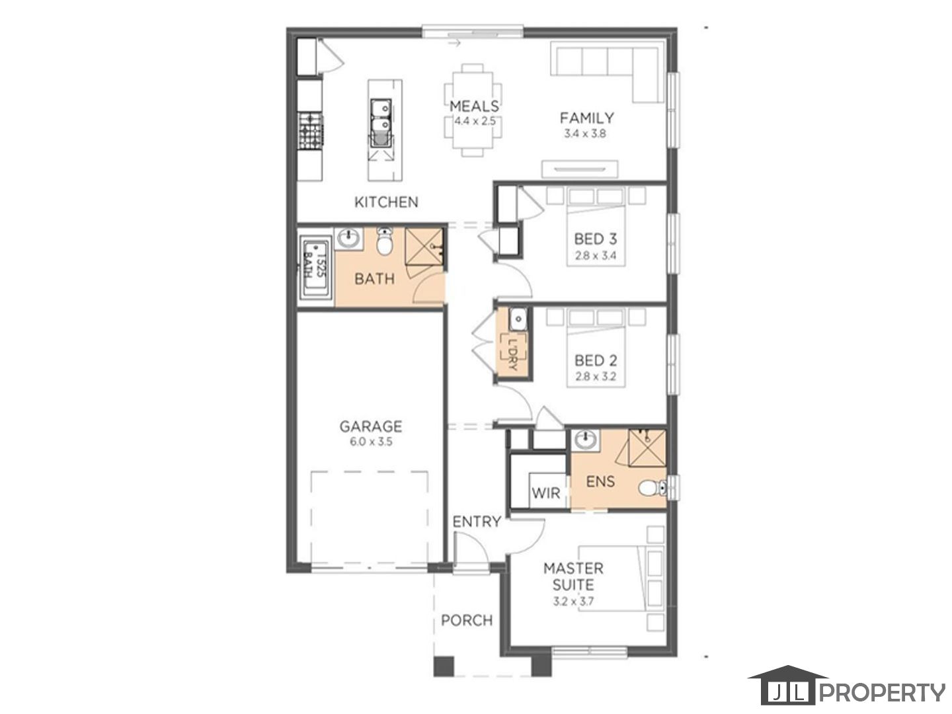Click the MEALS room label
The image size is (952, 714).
pyautogui.click(x=474, y=106)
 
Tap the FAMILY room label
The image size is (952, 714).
pyautogui.click(x=586, y=118)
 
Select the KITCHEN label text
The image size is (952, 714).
pyautogui.click(x=386, y=202)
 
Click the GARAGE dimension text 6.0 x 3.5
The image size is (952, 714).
pyautogui.click(x=371, y=442)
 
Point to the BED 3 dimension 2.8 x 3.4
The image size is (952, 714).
pyautogui.click(x=595, y=256)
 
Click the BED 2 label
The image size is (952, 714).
pyautogui.click(x=595, y=360)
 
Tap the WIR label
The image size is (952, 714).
pyautogui.click(x=545, y=493)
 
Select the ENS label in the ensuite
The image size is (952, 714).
pyautogui.click(x=600, y=481)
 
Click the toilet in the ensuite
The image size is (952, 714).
pyautogui.click(x=653, y=489)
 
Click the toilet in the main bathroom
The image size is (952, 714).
pyautogui.click(x=384, y=242)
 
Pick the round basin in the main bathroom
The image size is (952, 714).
pyautogui.click(x=348, y=239)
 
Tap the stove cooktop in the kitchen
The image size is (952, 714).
pyautogui.click(x=311, y=130)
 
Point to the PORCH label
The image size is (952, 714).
pyautogui.click(x=467, y=620)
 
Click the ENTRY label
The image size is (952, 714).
pyautogui.click(x=477, y=522)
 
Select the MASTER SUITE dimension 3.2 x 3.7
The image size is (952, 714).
pyautogui.click(x=573, y=602)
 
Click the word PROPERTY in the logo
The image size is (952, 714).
pyautogui.click(x=882, y=693)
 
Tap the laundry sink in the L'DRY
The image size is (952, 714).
pyautogui.click(x=518, y=320)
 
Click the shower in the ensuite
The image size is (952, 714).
pyautogui.click(x=647, y=448)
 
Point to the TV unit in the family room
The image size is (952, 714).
pyautogui.click(x=579, y=169)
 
